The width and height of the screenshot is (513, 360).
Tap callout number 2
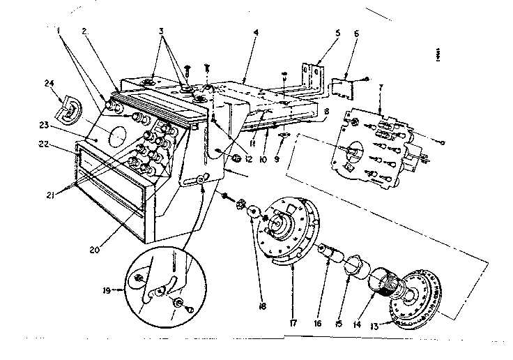(x=84, y=32)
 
